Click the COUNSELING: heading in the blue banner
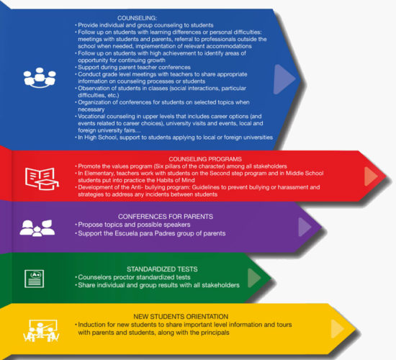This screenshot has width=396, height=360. click(x=137, y=18)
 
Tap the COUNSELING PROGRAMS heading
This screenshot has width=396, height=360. click(x=205, y=159)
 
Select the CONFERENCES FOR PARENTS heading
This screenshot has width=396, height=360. click(x=166, y=217)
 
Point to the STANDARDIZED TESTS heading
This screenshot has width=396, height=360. click(x=162, y=269)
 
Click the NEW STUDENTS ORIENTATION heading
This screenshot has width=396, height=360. click(x=181, y=317)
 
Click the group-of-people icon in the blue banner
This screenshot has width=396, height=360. click(x=40, y=78)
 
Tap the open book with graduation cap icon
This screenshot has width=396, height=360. click(x=42, y=179)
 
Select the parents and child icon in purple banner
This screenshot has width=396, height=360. click(x=37, y=228)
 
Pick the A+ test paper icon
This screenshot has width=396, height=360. click(x=34, y=279)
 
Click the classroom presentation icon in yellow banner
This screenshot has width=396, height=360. click(x=41, y=331)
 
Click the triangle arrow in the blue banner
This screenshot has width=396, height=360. click(x=284, y=79)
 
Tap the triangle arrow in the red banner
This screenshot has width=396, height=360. click(x=371, y=176)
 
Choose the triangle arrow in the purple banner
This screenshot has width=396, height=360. click(x=305, y=227)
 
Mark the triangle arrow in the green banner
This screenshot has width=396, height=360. click(x=254, y=278)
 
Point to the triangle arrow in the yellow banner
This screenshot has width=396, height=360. click(x=338, y=328)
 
